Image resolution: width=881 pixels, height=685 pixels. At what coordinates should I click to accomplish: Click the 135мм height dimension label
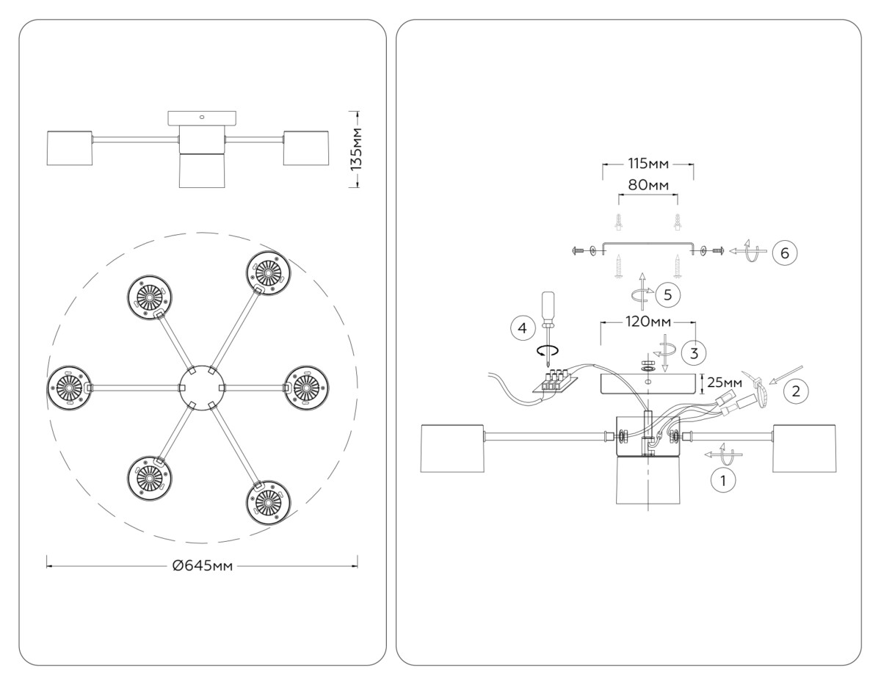pyautogui.click(x=356, y=149)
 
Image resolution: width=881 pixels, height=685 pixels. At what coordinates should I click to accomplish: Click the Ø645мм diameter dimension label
pyautogui.click(x=203, y=565)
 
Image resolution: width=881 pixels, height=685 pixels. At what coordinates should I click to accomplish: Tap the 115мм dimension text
pyautogui.click(x=648, y=163)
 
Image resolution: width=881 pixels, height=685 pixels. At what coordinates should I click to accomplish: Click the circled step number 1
pyautogui.click(x=723, y=481)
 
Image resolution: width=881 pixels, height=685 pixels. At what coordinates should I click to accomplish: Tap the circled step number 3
pyautogui.click(x=693, y=352)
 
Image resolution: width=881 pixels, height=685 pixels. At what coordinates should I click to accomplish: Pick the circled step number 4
pyautogui.click(x=522, y=328)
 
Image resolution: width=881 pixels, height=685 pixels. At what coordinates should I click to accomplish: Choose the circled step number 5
pyautogui.click(x=667, y=294)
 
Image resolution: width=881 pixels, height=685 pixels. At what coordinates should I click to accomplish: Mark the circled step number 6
pyautogui.click(x=784, y=253)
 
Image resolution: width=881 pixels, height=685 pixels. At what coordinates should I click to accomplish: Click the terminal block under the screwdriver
pyautogui.click(x=555, y=380)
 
